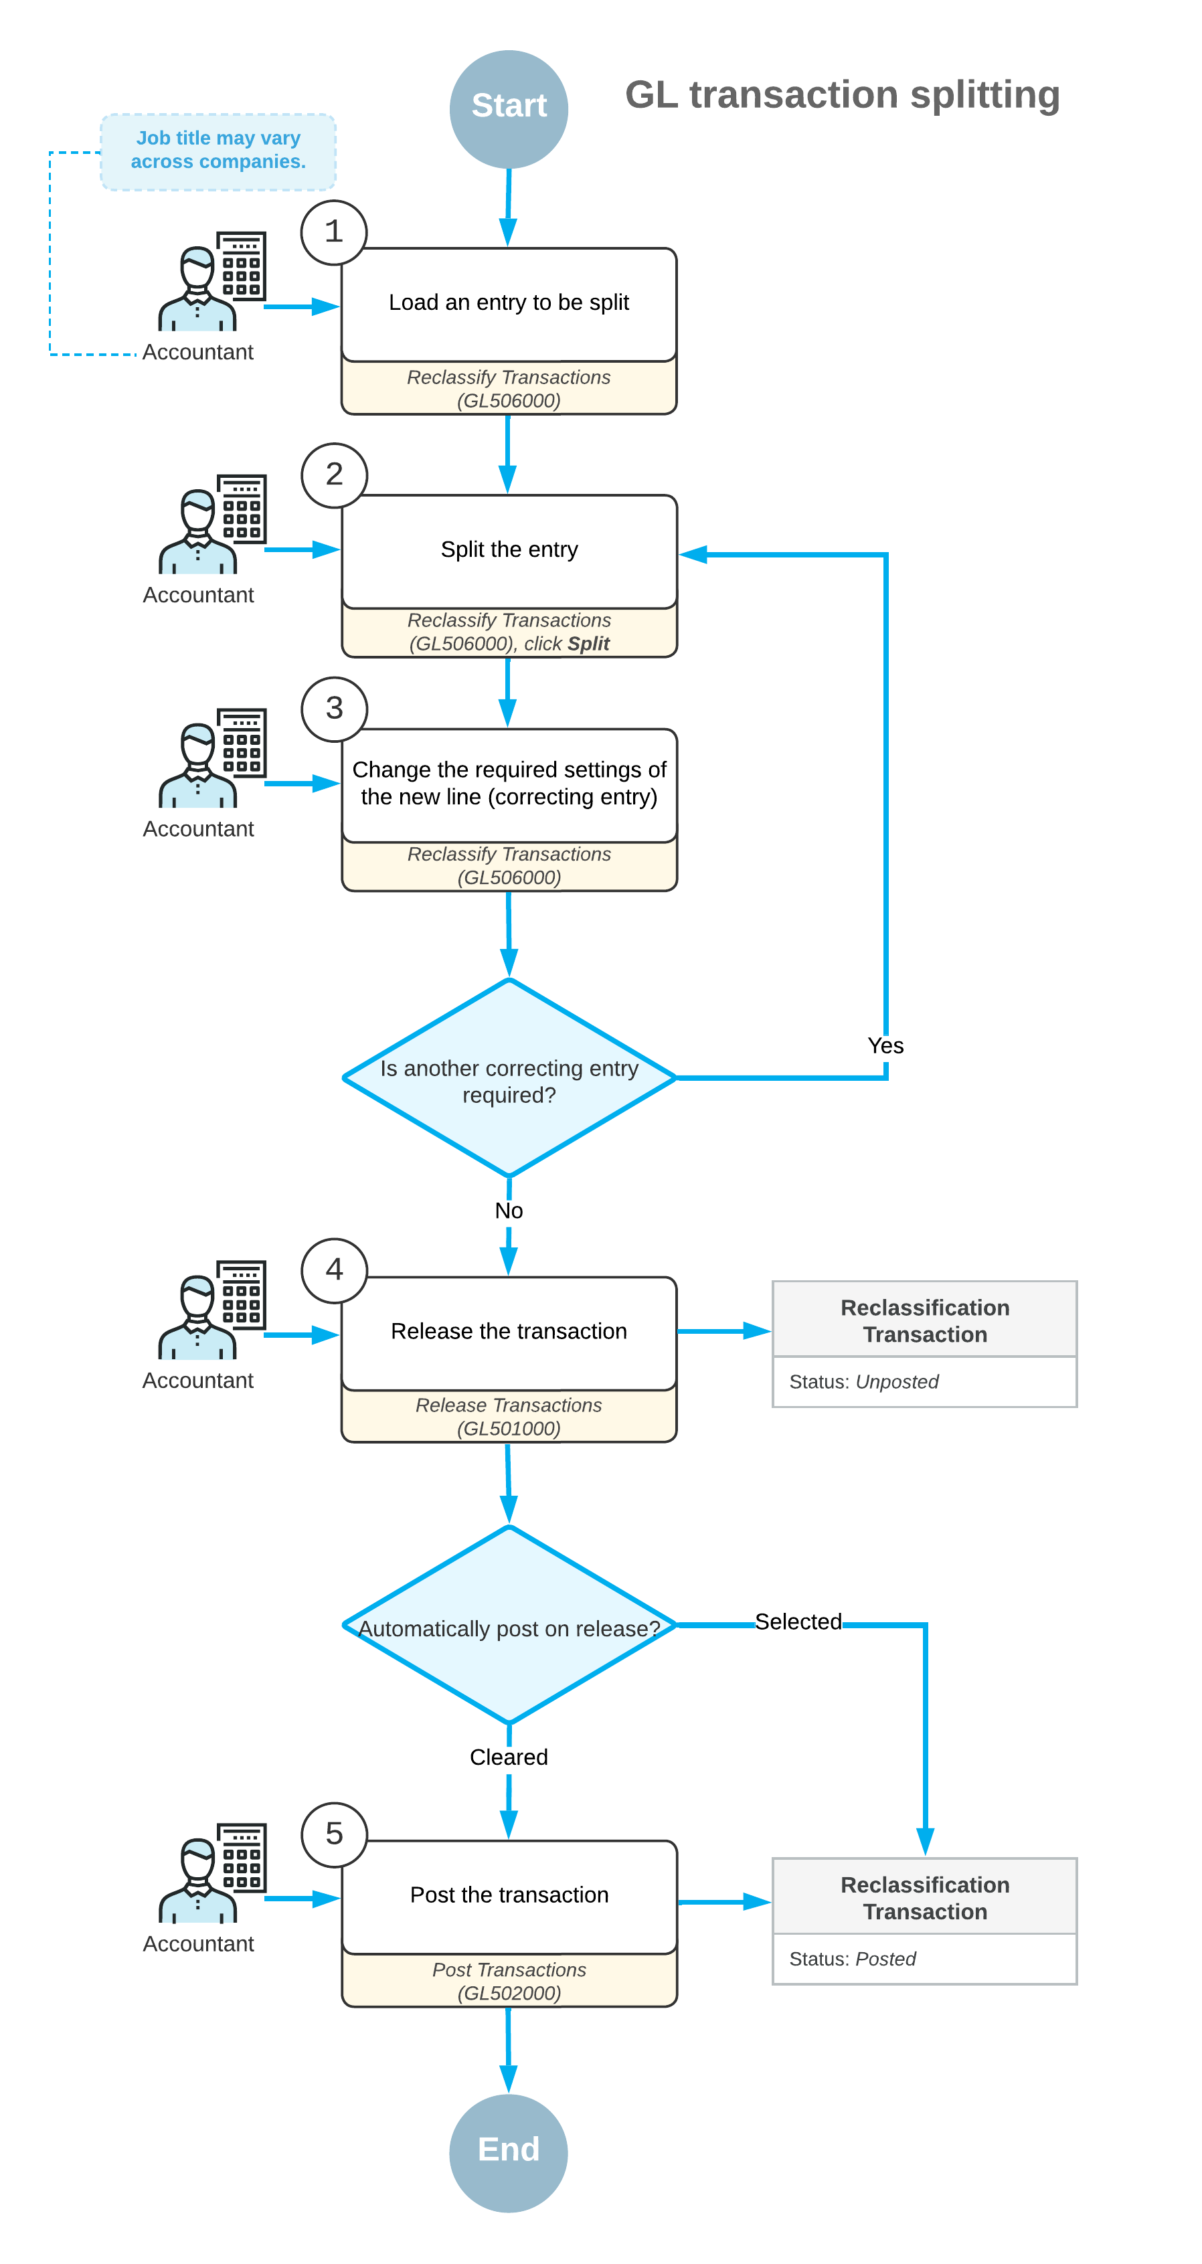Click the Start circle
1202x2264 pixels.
coord(509,109)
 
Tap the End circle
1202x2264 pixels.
coord(509,2152)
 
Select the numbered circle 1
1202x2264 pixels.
coord(334,232)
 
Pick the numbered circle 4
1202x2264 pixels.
coord(334,1270)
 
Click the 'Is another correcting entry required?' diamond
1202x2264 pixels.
coord(509,1077)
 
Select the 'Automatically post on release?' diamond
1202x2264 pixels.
coord(509,1625)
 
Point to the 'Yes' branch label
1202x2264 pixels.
coord(885,1046)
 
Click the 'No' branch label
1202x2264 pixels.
coord(509,1211)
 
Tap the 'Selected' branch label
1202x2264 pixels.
coord(798,1622)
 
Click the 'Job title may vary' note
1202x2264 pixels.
coord(218,151)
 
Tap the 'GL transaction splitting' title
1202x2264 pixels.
coord(843,95)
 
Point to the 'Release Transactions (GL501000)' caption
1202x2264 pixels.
coord(509,1417)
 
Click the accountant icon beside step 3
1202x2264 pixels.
coord(211,758)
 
